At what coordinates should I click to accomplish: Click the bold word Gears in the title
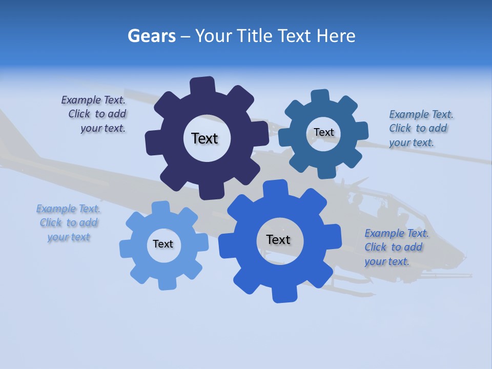click(151, 36)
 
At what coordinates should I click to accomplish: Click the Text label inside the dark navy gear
click(204, 138)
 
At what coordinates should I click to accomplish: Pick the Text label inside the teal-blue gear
click(323, 132)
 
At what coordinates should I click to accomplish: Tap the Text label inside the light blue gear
click(163, 244)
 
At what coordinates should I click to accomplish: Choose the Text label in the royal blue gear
click(278, 239)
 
